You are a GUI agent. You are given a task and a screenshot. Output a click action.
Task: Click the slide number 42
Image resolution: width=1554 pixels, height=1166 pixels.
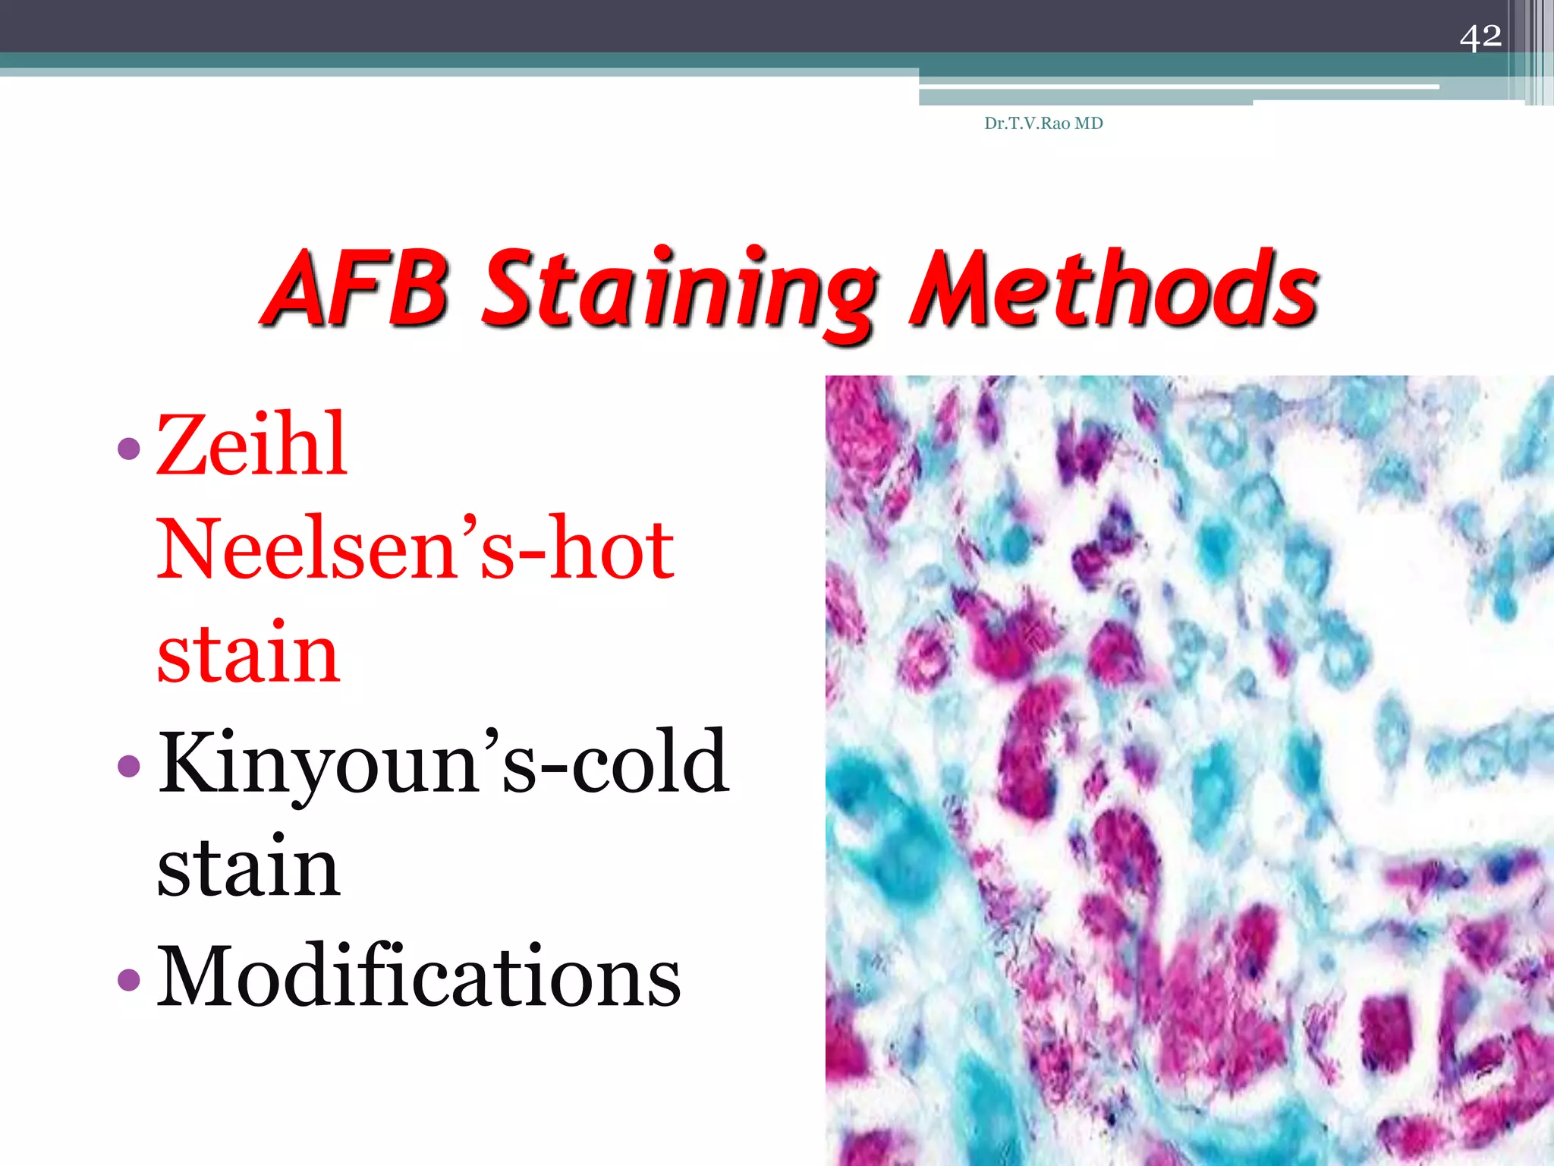click(x=1480, y=36)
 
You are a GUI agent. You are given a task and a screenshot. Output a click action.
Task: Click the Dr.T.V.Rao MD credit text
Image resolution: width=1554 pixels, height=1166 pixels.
click(x=1043, y=123)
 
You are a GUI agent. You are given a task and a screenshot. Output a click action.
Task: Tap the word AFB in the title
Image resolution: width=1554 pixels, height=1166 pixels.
click(x=357, y=290)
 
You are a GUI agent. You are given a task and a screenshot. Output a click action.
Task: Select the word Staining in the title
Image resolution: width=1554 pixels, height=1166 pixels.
click(x=679, y=292)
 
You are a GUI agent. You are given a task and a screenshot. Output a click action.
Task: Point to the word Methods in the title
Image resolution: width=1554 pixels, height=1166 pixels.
click(x=1114, y=290)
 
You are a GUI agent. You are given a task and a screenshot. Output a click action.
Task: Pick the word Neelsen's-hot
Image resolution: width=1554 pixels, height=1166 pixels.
click(x=416, y=548)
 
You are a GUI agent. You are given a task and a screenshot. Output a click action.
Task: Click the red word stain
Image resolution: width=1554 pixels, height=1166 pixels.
click(x=248, y=653)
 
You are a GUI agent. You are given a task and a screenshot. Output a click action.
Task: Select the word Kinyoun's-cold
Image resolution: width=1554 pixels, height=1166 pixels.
click(x=443, y=762)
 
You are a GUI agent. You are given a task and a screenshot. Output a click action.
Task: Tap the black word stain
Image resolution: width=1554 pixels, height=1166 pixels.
click(x=248, y=867)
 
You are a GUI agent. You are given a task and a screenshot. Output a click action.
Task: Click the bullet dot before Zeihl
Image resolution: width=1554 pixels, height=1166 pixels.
click(x=130, y=449)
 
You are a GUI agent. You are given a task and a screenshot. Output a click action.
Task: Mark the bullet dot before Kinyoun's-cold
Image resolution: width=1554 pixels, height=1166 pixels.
click(x=130, y=765)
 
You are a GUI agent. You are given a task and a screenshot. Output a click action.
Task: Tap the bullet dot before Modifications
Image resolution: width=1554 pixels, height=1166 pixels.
click(x=130, y=979)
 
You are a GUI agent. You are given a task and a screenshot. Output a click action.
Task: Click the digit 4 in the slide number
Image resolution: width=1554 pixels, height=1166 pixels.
click(x=1470, y=37)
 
